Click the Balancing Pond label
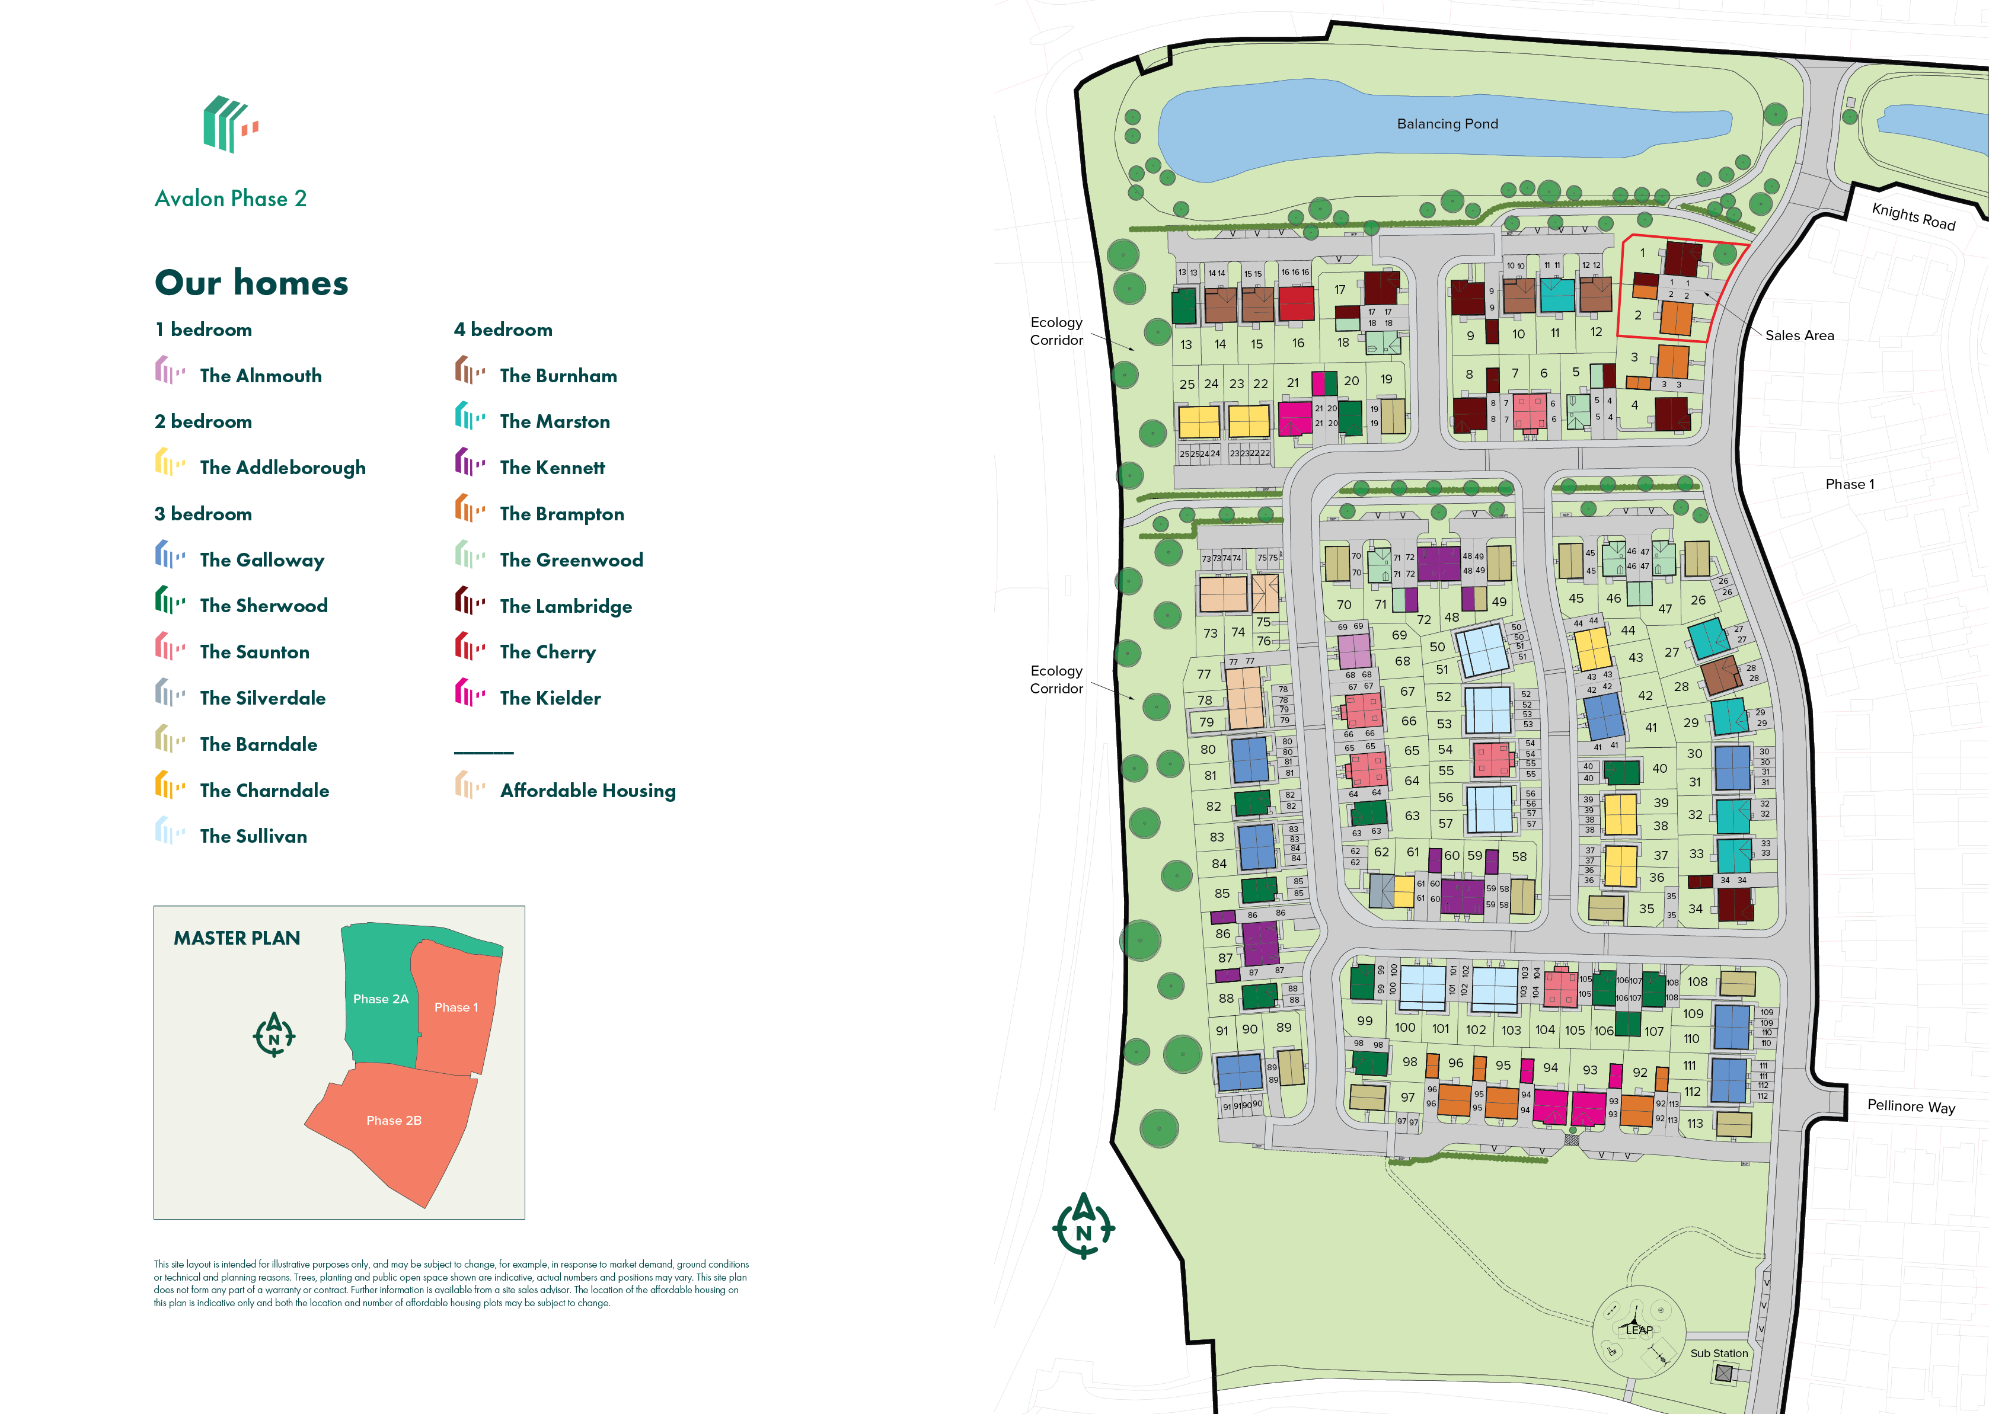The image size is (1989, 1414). pyautogui.click(x=1447, y=124)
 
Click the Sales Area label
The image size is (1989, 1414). pyautogui.click(x=1799, y=335)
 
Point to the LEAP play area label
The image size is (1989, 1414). pyautogui.click(x=1638, y=1329)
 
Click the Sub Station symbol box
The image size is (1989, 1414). pyautogui.click(x=1723, y=1373)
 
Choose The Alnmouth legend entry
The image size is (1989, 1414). pyautogui.click(x=260, y=375)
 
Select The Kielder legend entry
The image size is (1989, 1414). pyautogui.click(x=550, y=698)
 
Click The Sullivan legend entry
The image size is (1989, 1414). pyautogui.click(x=253, y=836)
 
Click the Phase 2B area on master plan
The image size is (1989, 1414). pyautogui.click(x=394, y=1121)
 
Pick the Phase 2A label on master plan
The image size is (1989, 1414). pyautogui.click(x=381, y=999)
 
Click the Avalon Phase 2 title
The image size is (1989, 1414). pyautogui.click(x=231, y=199)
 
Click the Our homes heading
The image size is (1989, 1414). pyautogui.click(x=252, y=283)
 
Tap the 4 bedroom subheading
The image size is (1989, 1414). pyautogui.click(x=503, y=329)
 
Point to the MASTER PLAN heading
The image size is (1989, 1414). pyautogui.click(x=237, y=938)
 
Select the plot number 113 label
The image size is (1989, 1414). pyautogui.click(x=1695, y=1123)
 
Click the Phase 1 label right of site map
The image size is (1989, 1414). pyautogui.click(x=1850, y=484)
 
